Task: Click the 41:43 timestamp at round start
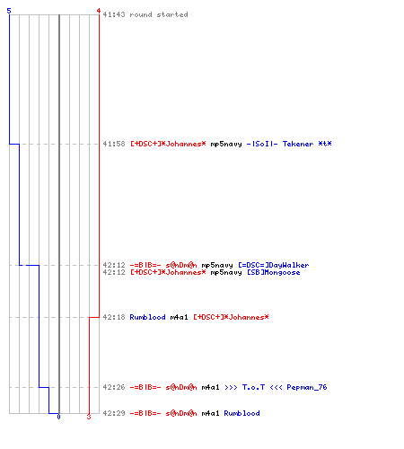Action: click(114, 14)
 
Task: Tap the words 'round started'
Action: click(159, 14)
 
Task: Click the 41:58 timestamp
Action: click(114, 144)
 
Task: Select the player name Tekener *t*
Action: click(307, 144)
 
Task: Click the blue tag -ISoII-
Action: click(262, 144)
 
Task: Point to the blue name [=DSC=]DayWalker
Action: click(274, 265)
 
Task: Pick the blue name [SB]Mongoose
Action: click(274, 272)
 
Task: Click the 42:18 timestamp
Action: click(114, 317)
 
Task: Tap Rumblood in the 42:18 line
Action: click(147, 317)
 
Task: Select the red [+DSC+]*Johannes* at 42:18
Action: click(231, 317)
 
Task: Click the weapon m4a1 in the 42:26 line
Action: click(210, 387)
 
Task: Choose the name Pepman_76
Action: click(307, 387)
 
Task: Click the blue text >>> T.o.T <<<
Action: click(253, 387)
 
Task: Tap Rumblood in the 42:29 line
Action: click(242, 413)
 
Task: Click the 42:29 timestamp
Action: click(114, 413)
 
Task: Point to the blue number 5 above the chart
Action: click(9, 11)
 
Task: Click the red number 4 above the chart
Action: click(99, 11)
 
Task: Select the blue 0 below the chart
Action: click(58, 417)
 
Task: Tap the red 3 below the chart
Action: click(89, 417)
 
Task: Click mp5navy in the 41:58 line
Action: click(226, 145)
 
